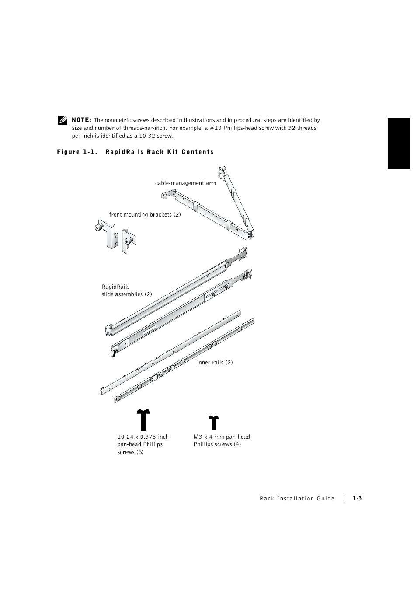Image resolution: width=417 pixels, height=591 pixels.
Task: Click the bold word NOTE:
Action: pyautogui.click(x=81, y=120)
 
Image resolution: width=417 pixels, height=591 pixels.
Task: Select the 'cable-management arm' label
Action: pyautogui.click(x=185, y=183)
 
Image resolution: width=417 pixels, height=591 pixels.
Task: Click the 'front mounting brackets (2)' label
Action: pyautogui.click(x=145, y=215)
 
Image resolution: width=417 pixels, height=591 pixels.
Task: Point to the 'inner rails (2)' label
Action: pyautogui.click(x=215, y=363)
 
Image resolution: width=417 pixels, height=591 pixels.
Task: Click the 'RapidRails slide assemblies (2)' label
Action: pyautogui.click(x=126, y=291)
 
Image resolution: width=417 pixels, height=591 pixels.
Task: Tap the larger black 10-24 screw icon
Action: pyautogui.click(x=143, y=420)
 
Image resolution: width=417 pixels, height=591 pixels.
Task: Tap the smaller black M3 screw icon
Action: pyautogui.click(x=213, y=423)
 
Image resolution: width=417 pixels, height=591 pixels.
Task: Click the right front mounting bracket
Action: pyautogui.click(x=129, y=241)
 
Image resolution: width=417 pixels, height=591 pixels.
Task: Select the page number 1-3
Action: pyautogui.click(x=358, y=499)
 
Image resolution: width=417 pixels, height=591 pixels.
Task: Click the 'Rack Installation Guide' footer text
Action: pyautogui.click(x=297, y=499)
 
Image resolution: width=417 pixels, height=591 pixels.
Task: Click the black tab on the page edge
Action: pyautogui.click(x=398, y=143)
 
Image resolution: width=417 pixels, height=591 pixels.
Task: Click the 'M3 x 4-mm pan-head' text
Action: pyautogui.click(x=222, y=437)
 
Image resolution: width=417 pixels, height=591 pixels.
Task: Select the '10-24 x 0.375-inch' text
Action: pyautogui.click(x=142, y=437)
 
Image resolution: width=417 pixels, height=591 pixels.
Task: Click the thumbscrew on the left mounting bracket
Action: pyautogui.click(x=98, y=227)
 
